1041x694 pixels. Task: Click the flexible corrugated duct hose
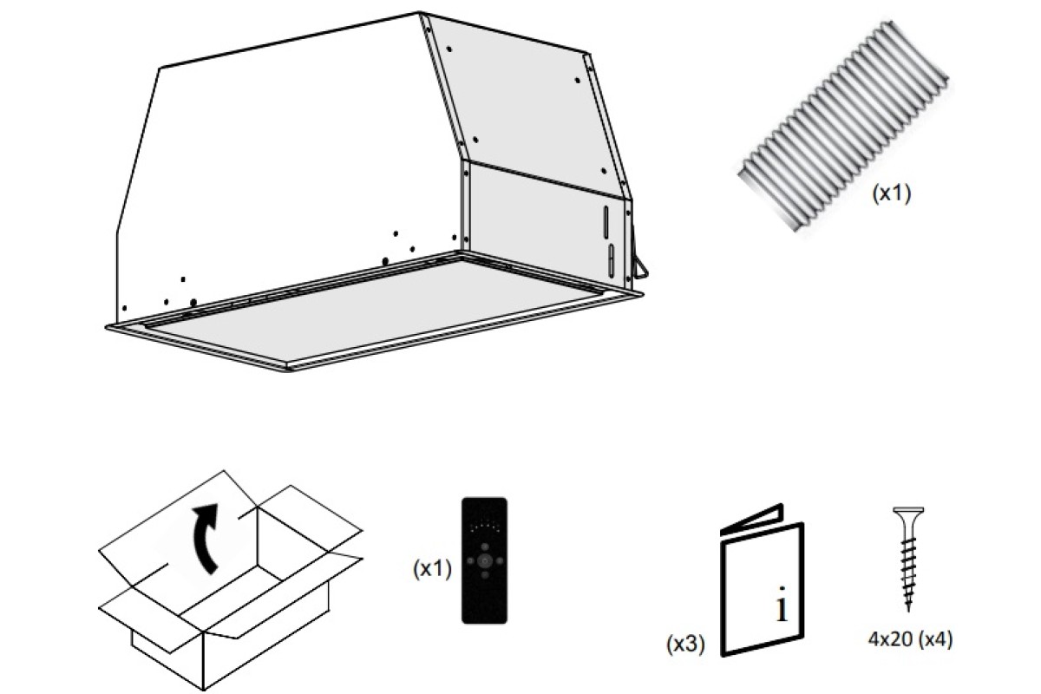pos(843,126)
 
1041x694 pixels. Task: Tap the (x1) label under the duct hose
pos(892,193)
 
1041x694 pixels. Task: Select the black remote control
pos(484,560)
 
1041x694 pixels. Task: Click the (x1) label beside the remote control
pos(432,568)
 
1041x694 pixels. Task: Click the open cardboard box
pos(230,580)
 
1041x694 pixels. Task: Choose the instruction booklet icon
pos(762,580)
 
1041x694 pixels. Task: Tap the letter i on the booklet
pos(782,604)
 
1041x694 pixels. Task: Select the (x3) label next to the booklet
pos(685,645)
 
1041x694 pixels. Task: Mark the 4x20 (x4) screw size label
pos(910,639)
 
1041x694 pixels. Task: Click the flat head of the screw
pos(908,510)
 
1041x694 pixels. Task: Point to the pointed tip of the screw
pos(908,612)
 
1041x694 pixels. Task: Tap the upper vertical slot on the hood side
pos(606,221)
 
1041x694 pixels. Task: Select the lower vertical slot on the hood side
pos(611,261)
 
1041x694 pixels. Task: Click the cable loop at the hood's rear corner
pos(640,269)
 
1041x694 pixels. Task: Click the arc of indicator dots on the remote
pos(485,527)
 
